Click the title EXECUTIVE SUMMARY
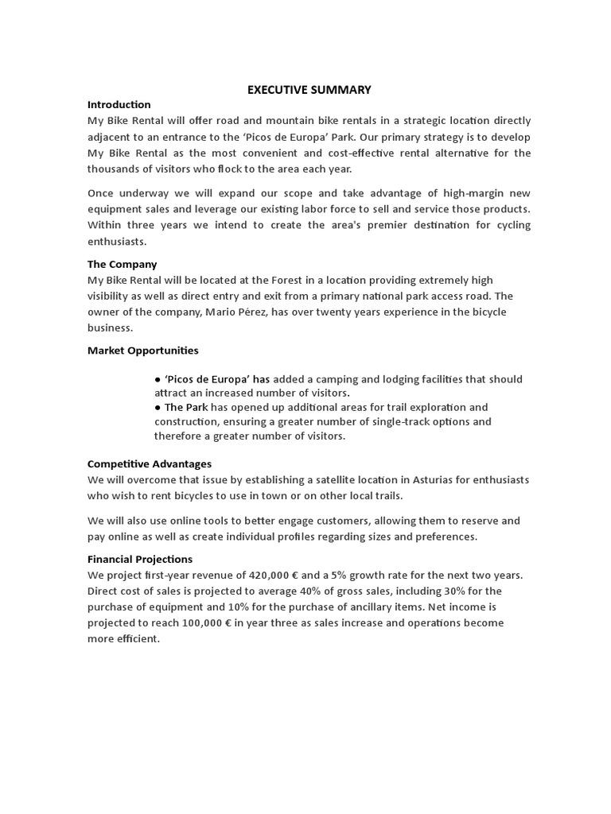click(309, 90)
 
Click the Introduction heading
click(119, 105)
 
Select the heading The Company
click(122, 264)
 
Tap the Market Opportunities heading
click(142, 351)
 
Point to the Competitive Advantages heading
click(149, 464)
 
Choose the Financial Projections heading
click(139, 560)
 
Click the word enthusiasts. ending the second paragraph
click(117, 242)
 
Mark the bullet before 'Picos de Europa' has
click(158, 380)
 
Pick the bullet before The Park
click(158, 408)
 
